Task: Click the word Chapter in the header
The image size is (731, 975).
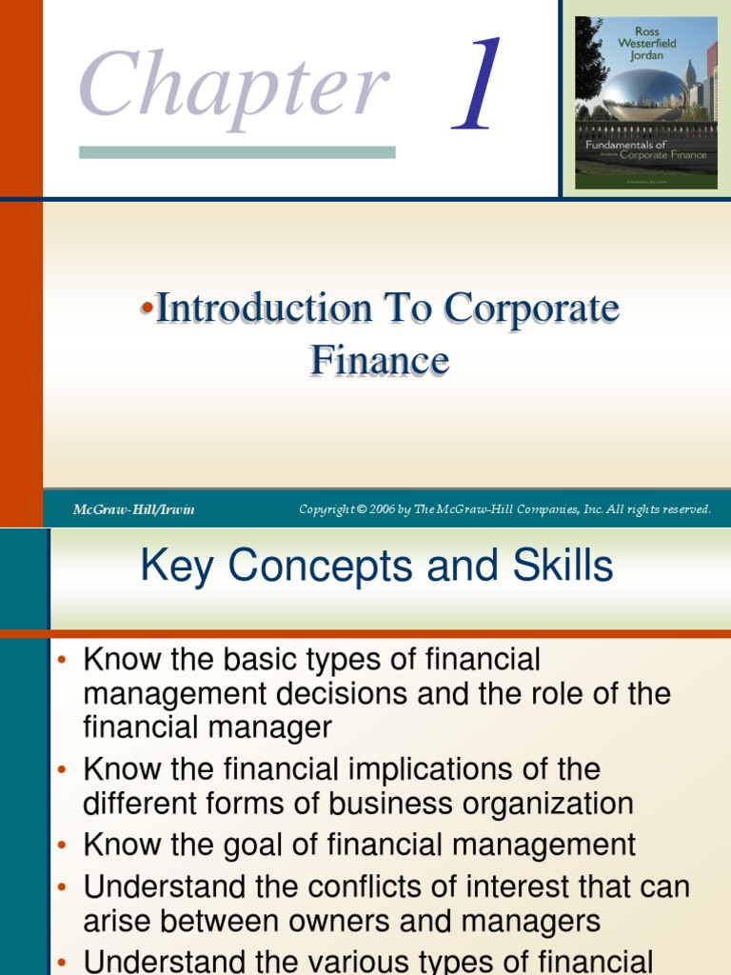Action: [234, 87]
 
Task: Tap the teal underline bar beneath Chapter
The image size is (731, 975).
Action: [237, 152]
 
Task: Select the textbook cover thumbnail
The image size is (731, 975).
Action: [646, 103]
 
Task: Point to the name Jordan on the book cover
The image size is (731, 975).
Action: [646, 55]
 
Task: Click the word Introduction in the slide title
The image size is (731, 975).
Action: [265, 308]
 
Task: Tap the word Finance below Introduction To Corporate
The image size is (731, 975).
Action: [380, 360]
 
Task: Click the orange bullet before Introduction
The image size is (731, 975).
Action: [148, 308]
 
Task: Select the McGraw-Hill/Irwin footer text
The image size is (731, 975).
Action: [133, 509]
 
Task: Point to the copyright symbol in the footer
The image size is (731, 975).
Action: [361, 509]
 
